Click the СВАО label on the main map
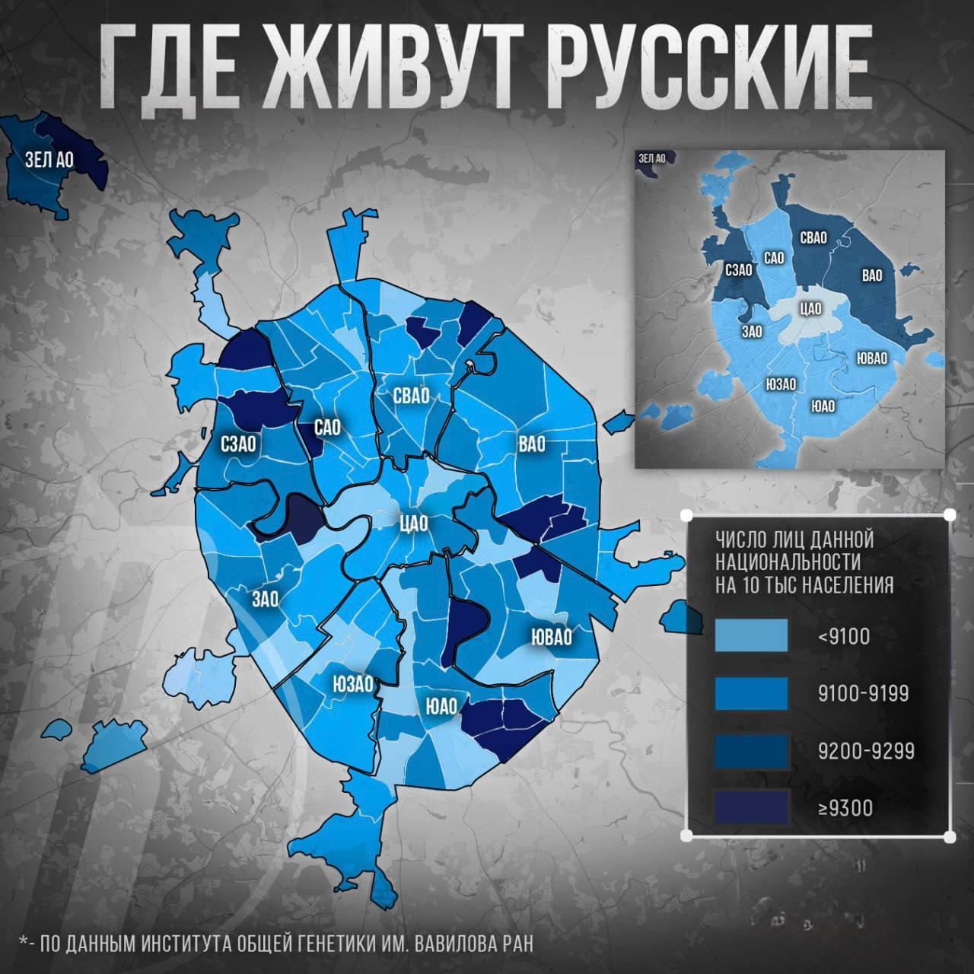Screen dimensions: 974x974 coord(412,396)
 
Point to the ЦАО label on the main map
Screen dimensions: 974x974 coord(414,524)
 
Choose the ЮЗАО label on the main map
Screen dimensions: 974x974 coord(352,683)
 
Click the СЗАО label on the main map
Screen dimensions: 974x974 coord(239,443)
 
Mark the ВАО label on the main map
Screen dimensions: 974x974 coord(532,444)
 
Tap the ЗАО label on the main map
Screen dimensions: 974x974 coord(265,599)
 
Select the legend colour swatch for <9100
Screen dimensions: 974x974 coord(751,635)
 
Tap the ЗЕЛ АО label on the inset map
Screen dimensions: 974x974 coord(652,158)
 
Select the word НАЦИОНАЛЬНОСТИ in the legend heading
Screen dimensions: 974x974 coord(788,562)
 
